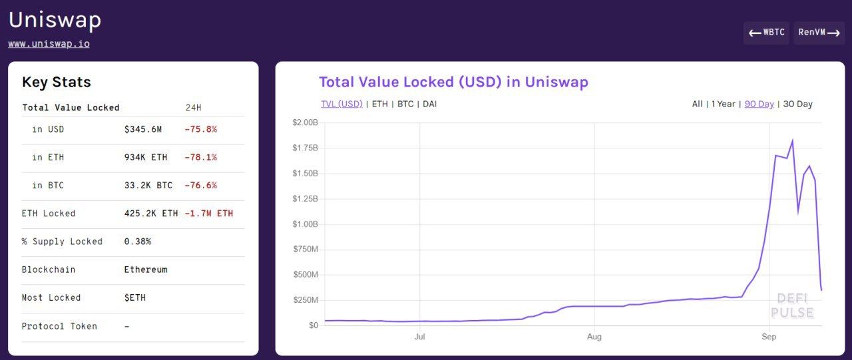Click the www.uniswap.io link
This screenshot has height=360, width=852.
49,44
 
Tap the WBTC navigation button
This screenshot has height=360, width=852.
766,33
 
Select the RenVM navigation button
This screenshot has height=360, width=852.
819,33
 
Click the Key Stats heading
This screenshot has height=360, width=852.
57,83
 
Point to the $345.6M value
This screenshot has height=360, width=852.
142,129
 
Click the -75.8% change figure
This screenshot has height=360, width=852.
200,129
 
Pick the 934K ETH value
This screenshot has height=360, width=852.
146,157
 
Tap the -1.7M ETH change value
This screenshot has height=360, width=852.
209,214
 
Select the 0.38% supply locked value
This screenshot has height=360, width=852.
138,242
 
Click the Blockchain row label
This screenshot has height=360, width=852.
49,270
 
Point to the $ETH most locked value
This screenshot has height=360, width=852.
135,297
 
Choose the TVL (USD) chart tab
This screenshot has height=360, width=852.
341,104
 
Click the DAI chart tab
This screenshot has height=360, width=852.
429,104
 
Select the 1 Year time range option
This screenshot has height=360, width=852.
723,104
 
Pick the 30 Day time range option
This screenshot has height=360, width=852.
797,104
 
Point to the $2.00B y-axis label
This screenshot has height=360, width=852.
306,122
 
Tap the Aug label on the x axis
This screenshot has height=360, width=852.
594,337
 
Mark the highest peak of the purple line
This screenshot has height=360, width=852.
792,140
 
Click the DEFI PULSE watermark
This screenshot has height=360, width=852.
792,306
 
